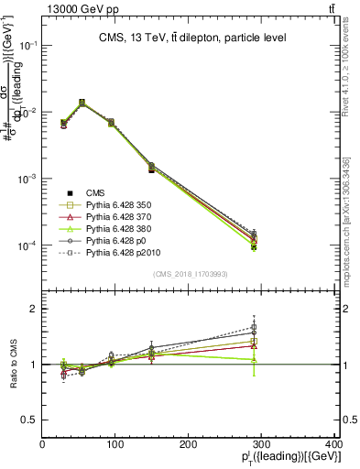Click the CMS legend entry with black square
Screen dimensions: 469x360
95,192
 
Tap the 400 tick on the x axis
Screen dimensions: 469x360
335,444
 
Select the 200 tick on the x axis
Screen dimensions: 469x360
189,444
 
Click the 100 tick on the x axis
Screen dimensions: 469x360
115,444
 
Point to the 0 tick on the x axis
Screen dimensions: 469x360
42,444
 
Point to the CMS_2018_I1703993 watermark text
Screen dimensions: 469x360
190,274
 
